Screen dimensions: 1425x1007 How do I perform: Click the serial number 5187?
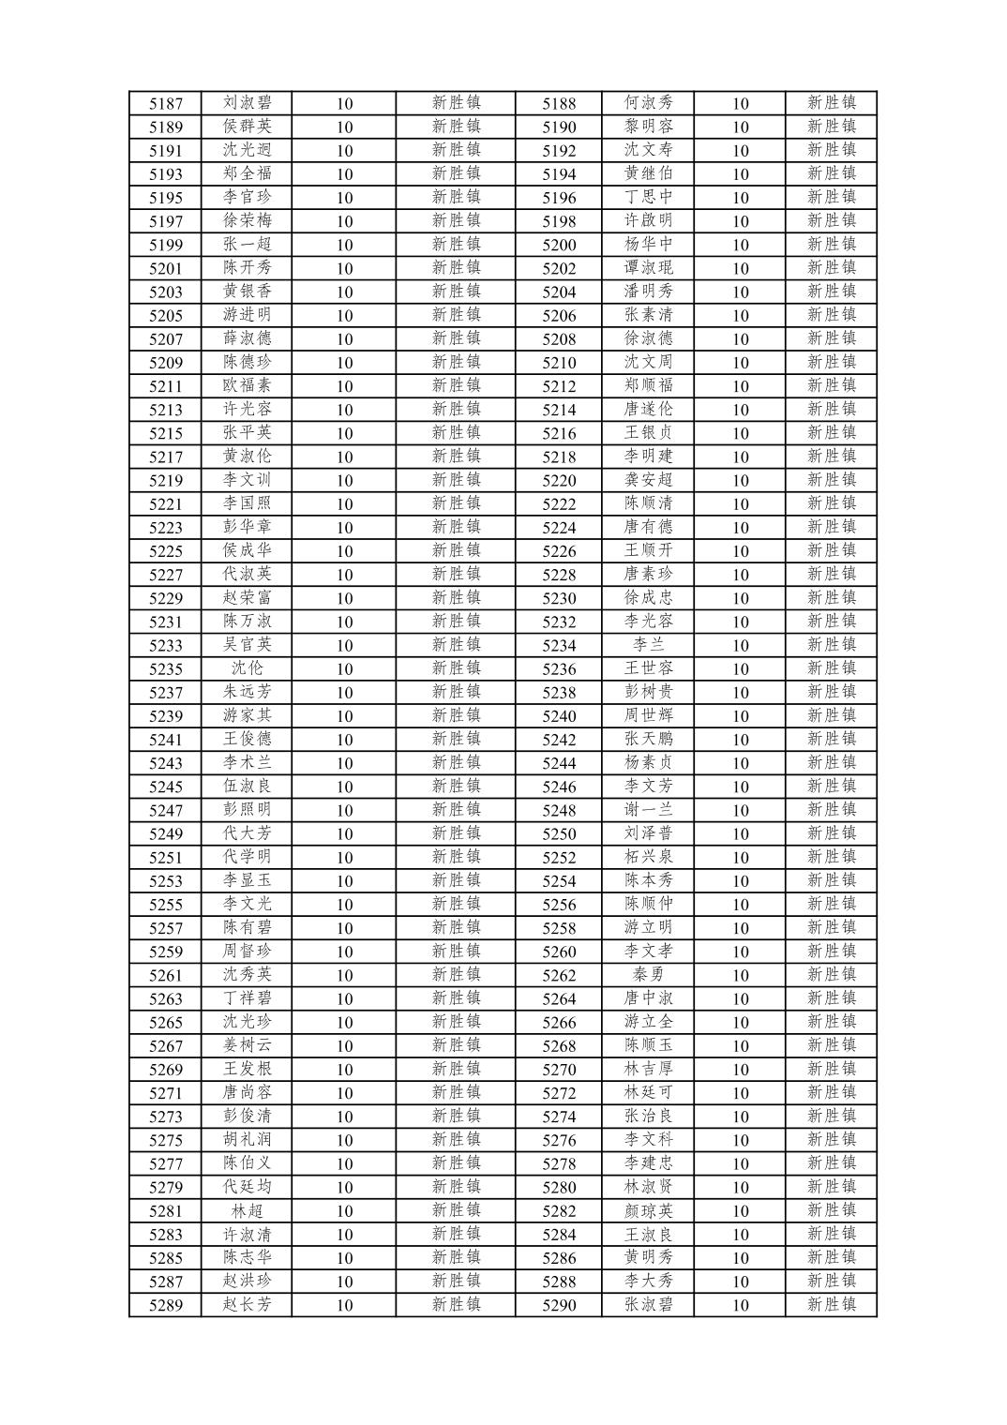click(166, 104)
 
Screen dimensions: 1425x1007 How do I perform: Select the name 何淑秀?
click(648, 103)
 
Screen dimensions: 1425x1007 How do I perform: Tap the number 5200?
click(559, 245)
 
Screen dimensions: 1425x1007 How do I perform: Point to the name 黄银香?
click(248, 292)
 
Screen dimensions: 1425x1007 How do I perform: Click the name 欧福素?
click(248, 385)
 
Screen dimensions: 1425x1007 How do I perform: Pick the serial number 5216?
click(559, 433)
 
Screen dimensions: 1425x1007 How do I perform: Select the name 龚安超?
click(648, 480)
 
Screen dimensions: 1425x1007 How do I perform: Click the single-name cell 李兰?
click(648, 645)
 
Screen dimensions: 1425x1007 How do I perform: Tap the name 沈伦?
click(248, 668)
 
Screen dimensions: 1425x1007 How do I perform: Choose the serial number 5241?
click(166, 740)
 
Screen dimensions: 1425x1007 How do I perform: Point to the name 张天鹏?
click(648, 739)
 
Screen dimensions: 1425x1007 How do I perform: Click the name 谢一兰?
click(648, 810)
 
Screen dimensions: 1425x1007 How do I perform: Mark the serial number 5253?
click(166, 881)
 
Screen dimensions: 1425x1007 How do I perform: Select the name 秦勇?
click(648, 975)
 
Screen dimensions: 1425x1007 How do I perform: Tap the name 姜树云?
click(248, 1045)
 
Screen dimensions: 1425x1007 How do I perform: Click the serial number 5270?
click(559, 1070)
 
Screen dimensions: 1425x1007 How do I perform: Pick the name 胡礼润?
click(248, 1140)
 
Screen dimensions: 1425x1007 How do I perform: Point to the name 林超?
click(248, 1210)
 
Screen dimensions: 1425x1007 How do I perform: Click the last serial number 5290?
click(559, 1305)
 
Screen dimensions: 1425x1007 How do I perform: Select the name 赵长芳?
click(248, 1305)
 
